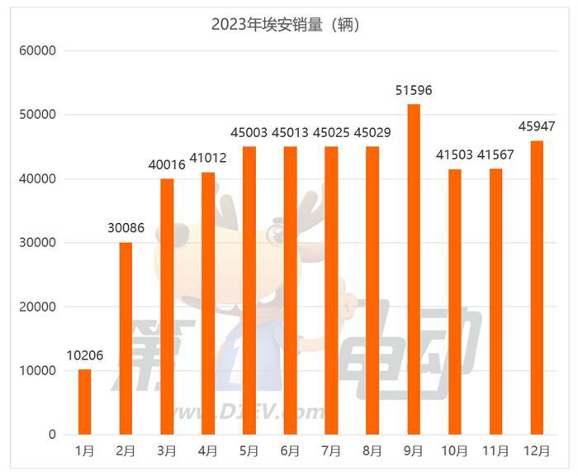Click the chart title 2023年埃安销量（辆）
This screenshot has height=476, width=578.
[286, 24]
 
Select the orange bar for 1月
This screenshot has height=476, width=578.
[84, 402]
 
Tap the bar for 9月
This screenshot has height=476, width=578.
[414, 269]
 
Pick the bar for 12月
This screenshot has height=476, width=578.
[537, 288]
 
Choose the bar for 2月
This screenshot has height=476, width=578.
[126, 338]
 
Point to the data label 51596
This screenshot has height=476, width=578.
[414, 90]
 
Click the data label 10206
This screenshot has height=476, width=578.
[84, 355]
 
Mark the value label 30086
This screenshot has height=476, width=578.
[126, 228]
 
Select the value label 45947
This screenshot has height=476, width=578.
[537, 126]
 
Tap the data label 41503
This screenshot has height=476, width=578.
[455, 155]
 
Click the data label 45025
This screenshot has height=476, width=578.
[331, 132]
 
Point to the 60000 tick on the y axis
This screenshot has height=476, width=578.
[37, 51]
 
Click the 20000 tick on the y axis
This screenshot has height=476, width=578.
[37, 307]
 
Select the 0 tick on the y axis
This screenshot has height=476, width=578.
[51, 435]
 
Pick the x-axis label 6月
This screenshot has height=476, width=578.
[290, 451]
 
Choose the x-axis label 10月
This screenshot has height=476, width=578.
[455, 451]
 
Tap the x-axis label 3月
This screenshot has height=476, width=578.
[167, 451]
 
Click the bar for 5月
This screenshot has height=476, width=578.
[249, 290]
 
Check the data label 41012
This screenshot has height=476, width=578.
[208, 158]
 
